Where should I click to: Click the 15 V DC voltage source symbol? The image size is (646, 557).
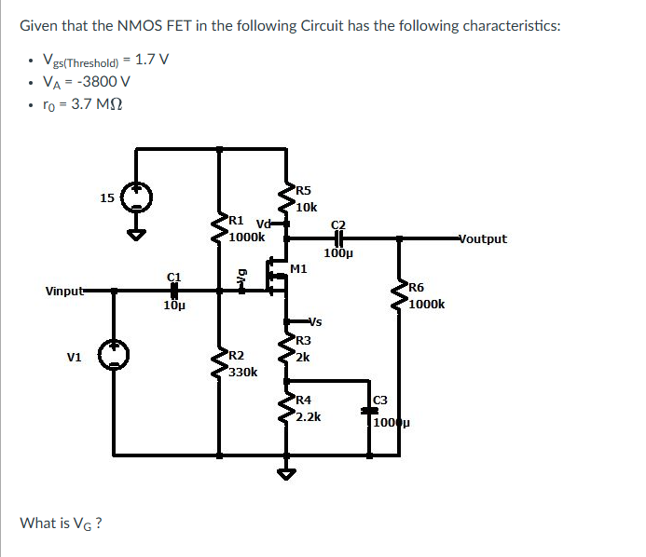(137, 197)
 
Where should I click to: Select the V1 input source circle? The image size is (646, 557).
(115, 356)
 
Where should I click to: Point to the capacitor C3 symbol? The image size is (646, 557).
(370, 411)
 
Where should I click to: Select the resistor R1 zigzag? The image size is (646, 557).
(220, 230)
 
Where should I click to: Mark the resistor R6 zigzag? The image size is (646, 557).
(400, 294)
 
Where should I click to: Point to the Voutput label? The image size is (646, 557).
(483, 238)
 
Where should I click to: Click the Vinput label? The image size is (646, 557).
(66, 292)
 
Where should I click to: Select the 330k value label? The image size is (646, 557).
(243, 372)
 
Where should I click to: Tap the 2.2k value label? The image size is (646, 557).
(308, 417)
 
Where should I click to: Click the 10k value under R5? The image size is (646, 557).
(307, 207)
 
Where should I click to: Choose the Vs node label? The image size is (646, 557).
(314, 322)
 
